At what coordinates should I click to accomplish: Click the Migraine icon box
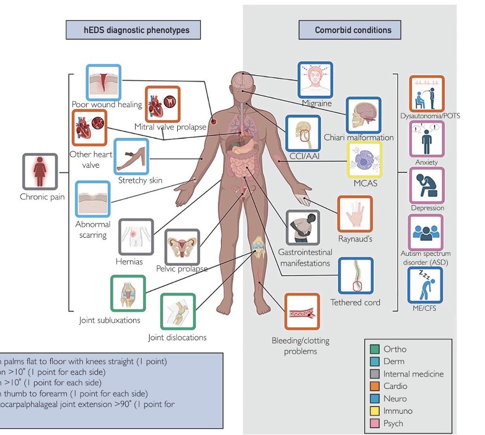[x=315, y=80]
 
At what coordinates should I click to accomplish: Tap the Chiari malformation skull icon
[x=363, y=115]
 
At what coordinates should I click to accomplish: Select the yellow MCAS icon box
[x=364, y=160]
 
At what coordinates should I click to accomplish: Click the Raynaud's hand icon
[x=354, y=213]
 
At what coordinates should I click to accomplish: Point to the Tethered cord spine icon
[x=355, y=275]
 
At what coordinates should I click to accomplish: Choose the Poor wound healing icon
[x=103, y=82]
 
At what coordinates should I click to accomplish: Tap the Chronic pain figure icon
[x=40, y=171]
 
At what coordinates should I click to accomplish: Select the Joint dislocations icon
[x=178, y=312]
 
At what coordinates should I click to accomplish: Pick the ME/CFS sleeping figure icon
[x=425, y=285]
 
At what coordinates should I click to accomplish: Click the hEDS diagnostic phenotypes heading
[x=133, y=30]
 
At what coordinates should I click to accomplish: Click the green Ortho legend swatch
[x=375, y=349]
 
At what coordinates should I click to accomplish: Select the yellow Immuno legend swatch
[x=375, y=411]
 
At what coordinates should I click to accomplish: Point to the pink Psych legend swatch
[x=375, y=424]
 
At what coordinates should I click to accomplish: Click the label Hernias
[x=129, y=262]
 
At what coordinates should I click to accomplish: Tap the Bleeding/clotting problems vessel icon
[x=302, y=312]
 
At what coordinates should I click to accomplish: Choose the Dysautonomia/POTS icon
[x=426, y=93]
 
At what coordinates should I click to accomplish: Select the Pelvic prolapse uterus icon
[x=182, y=247]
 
